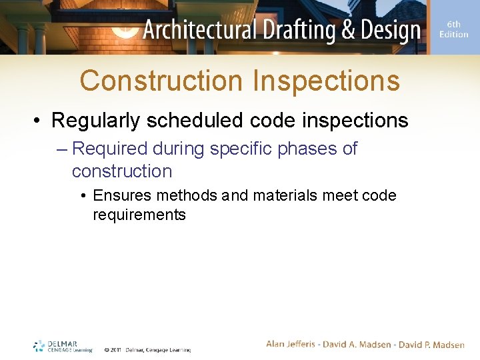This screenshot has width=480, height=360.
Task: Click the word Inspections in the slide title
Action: [326, 81]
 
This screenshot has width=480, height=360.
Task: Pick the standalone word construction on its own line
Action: [122, 171]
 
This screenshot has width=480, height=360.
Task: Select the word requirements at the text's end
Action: [139, 215]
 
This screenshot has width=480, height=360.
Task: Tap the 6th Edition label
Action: [453, 29]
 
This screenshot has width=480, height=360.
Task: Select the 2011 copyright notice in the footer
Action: [147, 349]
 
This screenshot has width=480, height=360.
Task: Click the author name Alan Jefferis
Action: [293, 344]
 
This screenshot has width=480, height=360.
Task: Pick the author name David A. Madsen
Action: [358, 344]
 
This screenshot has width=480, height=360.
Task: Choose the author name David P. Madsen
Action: [431, 344]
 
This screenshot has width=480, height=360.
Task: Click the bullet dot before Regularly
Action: [39, 121]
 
